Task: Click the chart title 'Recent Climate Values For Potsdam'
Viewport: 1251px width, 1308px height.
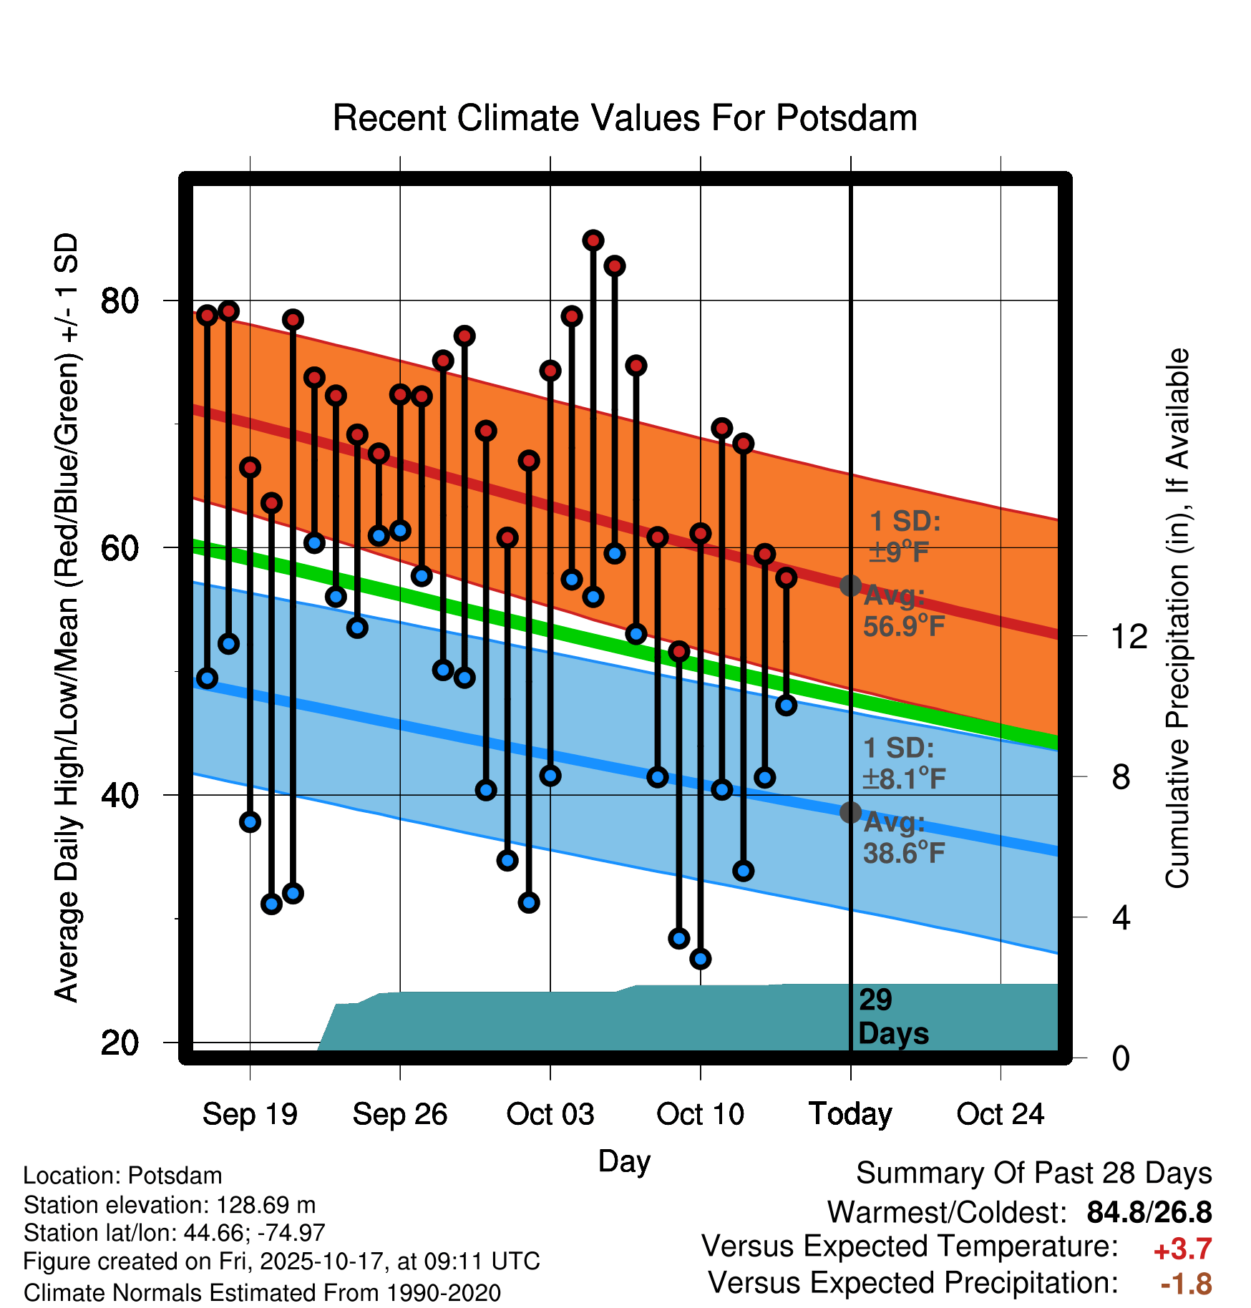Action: (625, 118)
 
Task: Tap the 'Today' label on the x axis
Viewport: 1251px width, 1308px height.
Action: (850, 1114)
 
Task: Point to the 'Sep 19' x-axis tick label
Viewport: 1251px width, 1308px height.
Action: (250, 1114)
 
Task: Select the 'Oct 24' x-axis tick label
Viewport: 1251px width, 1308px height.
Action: (1001, 1114)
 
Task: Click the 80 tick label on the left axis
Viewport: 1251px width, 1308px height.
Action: (120, 301)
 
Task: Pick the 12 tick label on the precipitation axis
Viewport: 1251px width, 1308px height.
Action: (1129, 636)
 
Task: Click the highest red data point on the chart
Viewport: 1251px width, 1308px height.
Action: (593, 240)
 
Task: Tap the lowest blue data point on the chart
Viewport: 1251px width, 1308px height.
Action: (700, 959)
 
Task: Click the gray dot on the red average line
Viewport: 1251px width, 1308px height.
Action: (850, 586)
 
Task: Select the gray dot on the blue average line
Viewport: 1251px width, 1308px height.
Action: (850, 812)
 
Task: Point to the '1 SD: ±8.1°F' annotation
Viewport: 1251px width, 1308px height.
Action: (903, 763)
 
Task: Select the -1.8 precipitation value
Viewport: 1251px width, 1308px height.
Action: (1186, 1284)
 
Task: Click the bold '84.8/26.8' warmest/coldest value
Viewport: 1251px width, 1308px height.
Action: (1149, 1212)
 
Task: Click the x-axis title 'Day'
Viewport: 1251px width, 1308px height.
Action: (624, 1161)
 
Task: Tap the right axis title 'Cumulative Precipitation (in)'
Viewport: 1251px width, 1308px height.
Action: (1177, 618)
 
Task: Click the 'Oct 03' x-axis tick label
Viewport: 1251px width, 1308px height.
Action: (550, 1114)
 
